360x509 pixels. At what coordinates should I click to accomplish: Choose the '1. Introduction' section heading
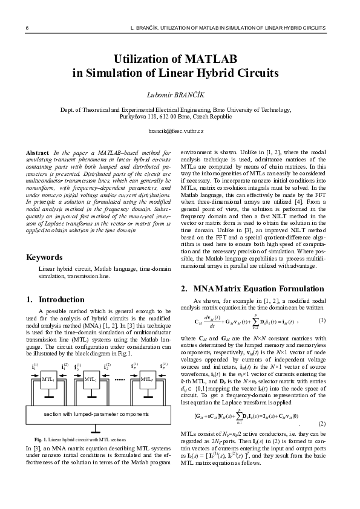pos(56,299)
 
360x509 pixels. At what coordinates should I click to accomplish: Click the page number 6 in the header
pos(27,28)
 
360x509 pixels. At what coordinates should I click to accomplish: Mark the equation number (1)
pos(322,320)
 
